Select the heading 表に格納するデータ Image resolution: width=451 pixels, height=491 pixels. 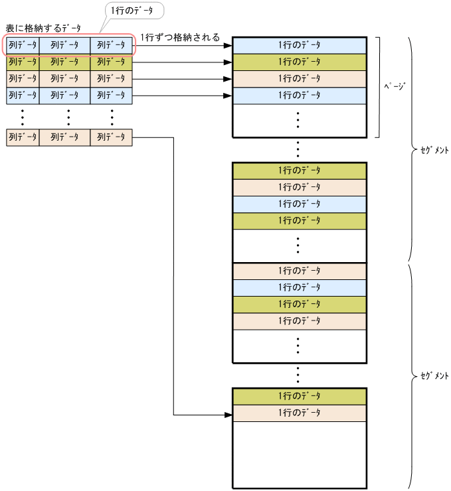click(43, 28)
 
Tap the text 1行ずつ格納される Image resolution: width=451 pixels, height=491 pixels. click(180, 37)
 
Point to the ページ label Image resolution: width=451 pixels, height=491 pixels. click(395, 86)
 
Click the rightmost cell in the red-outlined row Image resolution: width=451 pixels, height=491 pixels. click(112, 45)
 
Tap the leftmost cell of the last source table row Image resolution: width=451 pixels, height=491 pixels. click(23, 137)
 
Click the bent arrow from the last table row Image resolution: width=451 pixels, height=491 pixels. click(174, 265)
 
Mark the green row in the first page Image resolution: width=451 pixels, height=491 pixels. click(299, 62)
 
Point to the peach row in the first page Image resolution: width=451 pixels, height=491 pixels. click(299, 78)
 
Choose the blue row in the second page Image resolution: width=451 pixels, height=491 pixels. click(299, 204)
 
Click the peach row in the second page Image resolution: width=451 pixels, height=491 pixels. click(299, 187)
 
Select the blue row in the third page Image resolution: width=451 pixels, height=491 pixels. click(299, 287)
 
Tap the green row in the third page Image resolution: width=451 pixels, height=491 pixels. click(299, 304)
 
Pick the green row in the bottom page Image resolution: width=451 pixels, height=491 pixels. click(299, 396)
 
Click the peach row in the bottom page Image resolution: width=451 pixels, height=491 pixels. click(299, 413)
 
